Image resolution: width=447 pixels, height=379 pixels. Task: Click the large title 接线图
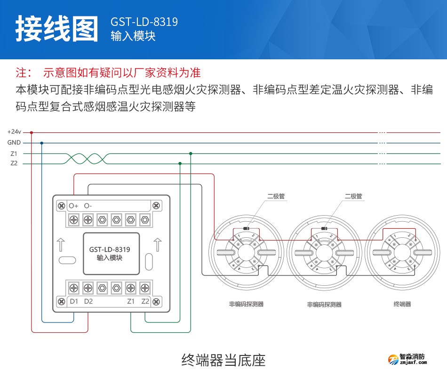(x=57, y=29)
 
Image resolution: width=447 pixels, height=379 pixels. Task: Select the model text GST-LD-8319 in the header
(x=144, y=22)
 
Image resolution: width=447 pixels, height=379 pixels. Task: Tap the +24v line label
(x=14, y=132)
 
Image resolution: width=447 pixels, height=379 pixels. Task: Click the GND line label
(x=14, y=143)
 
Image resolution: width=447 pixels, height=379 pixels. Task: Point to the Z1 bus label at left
(x=14, y=153)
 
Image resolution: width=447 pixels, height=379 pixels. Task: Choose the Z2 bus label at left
(x=14, y=163)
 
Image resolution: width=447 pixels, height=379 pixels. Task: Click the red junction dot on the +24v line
(x=32, y=132)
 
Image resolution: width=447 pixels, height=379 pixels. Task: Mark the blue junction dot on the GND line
(x=42, y=143)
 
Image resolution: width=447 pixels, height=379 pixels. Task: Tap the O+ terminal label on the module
(x=73, y=206)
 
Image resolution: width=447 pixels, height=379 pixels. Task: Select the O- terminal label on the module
(x=88, y=206)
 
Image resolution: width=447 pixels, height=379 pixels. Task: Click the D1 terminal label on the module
(x=73, y=301)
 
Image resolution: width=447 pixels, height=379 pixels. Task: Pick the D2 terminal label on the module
(x=88, y=301)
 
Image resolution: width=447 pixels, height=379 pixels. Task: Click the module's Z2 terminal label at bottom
(x=145, y=301)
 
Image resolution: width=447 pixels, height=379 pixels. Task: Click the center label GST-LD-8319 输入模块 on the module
(x=110, y=254)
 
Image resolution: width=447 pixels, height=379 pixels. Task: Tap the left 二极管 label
(x=276, y=196)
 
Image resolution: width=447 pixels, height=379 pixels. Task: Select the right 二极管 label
(x=353, y=196)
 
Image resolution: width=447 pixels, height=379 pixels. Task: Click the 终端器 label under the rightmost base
(x=402, y=304)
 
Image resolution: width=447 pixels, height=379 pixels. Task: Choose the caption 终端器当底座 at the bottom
(x=223, y=361)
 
